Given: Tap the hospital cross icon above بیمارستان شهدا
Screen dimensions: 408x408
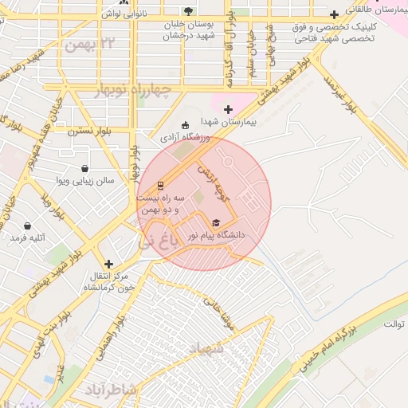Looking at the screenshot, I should click(229, 108).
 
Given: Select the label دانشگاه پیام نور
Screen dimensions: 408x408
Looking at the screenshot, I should click(216, 235).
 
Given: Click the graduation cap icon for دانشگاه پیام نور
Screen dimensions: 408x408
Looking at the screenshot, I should click(215, 222).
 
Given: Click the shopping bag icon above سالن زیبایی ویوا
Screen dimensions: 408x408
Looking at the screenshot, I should click(84, 168).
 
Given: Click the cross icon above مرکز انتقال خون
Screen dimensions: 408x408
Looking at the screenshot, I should click(108, 263).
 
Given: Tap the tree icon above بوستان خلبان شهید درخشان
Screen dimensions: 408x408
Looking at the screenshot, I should click(188, 10).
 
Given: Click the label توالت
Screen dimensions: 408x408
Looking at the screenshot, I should click(394, 324).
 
